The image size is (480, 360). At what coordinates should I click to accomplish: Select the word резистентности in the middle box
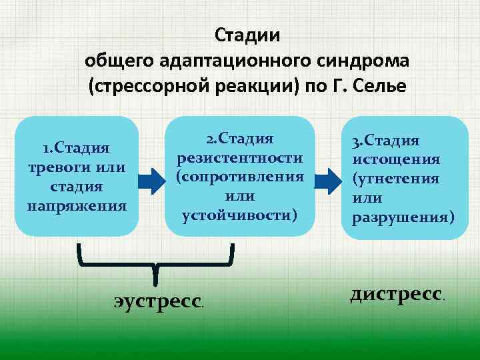point(240,158)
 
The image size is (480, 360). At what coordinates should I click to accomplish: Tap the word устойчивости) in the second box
point(240,215)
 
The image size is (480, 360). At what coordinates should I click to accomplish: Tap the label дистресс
point(396,293)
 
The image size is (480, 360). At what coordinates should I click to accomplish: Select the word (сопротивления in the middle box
point(240,177)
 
